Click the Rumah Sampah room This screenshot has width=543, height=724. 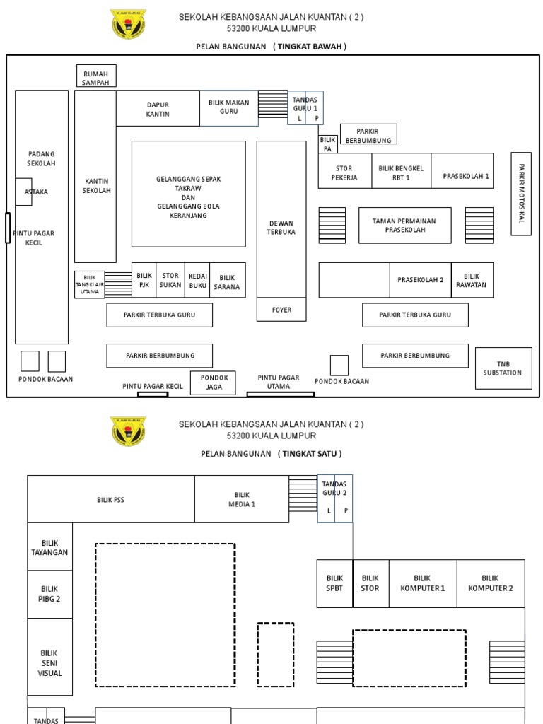pyautogui.click(x=96, y=76)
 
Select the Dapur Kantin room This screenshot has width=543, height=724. pyautogui.click(x=158, y=108)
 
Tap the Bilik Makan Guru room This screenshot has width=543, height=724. pyautogui.click(x=228, y=107)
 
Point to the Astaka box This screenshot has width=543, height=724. pyautogui.click(x=23, y=192)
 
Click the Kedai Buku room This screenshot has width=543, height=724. pyautogui.click(x=198, y=280)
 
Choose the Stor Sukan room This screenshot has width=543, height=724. pyautogui.click(x=170, y=280)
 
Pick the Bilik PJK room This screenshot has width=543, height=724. pyautogui.click(x=144, y=280)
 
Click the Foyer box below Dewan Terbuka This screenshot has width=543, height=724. pyautogui.click(x=281, y=310)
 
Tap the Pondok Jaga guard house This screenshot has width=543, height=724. pyautogui.click(x=213, y=383)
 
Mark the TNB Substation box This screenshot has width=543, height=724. pyautogui.click(x=503, y=368)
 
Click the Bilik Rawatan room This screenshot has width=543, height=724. pyautogui.click(x=472, y=280)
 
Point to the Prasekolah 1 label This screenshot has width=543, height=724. pyautogui.click(x=466, y=176)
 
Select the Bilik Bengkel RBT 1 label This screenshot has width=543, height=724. pyautogui.click(x=401, y=173)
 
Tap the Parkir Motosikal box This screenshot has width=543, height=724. pyautogui.click(x=521, y=194)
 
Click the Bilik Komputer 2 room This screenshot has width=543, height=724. pyautogui.click(x=491, y=583)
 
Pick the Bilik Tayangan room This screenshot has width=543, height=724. pyautogui.click(x=49, y=547)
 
